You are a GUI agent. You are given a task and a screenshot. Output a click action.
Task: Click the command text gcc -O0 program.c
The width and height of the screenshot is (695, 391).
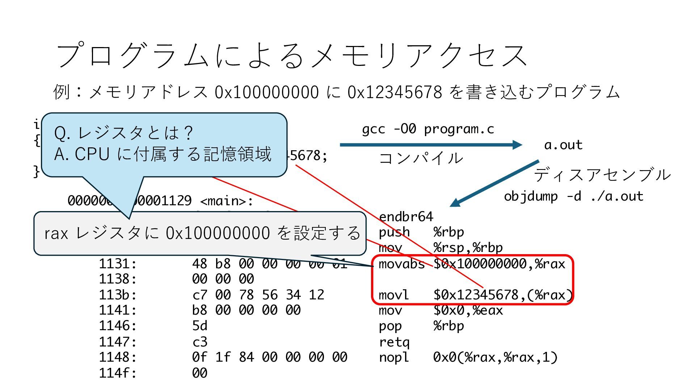coord(428,129)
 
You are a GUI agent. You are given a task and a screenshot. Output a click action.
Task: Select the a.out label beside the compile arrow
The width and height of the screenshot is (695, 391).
coord(563,145)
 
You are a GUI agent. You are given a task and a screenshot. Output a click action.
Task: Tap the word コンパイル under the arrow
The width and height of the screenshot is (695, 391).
coord(421,158)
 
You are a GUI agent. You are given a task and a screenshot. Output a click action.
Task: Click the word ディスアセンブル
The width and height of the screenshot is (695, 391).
coord(602,175)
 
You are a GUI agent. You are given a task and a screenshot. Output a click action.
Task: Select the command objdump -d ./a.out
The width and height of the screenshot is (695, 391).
coord(573,196)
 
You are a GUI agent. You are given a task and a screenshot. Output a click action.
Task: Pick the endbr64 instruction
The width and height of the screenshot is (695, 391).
coord(406,216)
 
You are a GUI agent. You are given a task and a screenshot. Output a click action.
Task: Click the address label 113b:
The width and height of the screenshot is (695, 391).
coord(118,295)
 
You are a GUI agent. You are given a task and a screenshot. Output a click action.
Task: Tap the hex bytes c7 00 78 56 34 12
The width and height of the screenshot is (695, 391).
coord(258,295)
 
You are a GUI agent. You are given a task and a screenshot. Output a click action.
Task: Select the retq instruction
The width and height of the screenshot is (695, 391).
coord(394,342)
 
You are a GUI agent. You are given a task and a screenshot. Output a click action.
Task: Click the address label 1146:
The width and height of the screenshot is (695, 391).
coord(118,326)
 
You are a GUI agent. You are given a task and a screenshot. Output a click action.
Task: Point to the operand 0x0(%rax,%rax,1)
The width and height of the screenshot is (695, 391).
coord(495,357)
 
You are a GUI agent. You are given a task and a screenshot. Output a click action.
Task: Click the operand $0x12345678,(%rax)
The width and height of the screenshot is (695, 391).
coord(503,295)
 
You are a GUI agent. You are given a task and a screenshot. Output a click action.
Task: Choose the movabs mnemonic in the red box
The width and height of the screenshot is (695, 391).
coord(401,264)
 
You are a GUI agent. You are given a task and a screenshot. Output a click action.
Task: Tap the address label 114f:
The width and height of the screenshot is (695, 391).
coord(118,373)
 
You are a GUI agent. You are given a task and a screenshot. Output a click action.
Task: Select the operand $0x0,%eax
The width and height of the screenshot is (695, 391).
coord(468,310)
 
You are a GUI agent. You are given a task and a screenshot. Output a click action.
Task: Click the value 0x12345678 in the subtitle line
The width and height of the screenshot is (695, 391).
coord(395,92)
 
